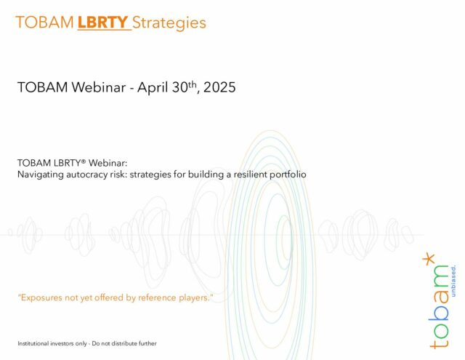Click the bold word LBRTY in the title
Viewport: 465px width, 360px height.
(x=102, y=23)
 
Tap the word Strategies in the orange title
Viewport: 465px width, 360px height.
(x=169, y=23)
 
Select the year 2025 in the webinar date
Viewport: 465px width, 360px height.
(x=219, y=87)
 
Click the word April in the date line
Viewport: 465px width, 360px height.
(x=153, y=88)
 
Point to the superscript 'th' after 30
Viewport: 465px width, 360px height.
(x=193, y=84)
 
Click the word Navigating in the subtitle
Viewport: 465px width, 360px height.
(x=41, y=175)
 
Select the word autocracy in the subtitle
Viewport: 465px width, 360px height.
(x=86, y=175)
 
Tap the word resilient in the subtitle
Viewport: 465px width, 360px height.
(x=250, y=175)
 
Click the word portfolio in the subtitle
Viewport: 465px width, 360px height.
(x=288, y=175)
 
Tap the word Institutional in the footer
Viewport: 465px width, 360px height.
(x=33, y=343)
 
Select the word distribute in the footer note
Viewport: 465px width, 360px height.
(x=124, y=343)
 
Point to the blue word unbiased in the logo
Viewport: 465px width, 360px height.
(x=453, y=281)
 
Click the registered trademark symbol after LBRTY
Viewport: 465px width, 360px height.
(x=84, y=161)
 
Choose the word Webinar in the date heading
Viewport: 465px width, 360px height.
(x=99, y=87)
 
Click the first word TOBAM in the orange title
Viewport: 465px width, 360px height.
(x=44, y=23)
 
